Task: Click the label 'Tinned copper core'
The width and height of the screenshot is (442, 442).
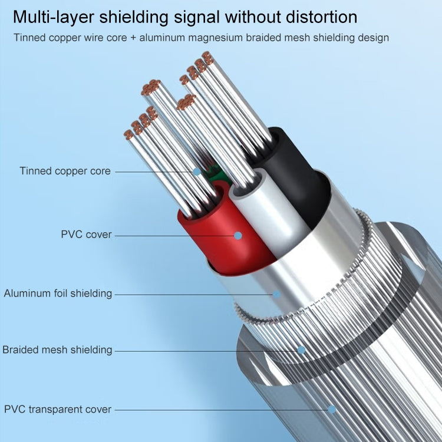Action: tap(65, 171)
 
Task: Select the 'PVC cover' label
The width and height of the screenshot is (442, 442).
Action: tap(86, 235)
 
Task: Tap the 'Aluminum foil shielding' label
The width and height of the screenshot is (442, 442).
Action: tap(58, 293)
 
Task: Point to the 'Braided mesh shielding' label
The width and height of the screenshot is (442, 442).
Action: tap(57, 349)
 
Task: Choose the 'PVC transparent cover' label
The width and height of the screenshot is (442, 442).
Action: tap(58, 409)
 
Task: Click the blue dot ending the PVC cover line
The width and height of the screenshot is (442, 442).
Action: tap(238, 235)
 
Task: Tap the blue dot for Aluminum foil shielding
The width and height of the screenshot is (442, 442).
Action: tap(276, 293)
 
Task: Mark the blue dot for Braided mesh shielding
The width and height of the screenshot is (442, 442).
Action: tap(301, 349)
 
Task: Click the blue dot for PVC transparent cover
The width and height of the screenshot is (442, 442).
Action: tap(332, 409)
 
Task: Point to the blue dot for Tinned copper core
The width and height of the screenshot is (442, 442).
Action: tap(196, 171)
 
